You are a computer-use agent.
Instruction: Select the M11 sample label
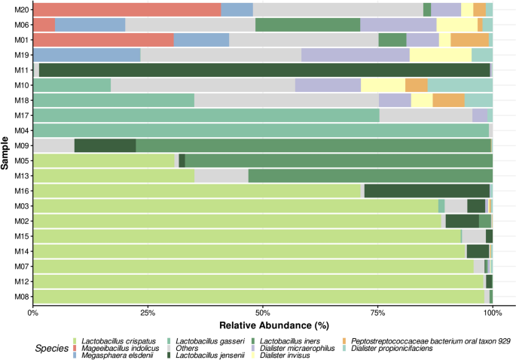point(20,70)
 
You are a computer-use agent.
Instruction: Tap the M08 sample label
point(20,297)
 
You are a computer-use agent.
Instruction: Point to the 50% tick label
point(262,313)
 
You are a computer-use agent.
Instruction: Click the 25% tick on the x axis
point(147,313)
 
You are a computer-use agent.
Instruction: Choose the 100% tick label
point(490,313)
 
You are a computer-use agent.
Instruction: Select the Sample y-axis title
point(6,153)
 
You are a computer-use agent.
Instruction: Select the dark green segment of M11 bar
point(264,70)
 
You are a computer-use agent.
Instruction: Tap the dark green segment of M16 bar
point(426,191)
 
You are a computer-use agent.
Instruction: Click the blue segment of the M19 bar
point(87,55)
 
